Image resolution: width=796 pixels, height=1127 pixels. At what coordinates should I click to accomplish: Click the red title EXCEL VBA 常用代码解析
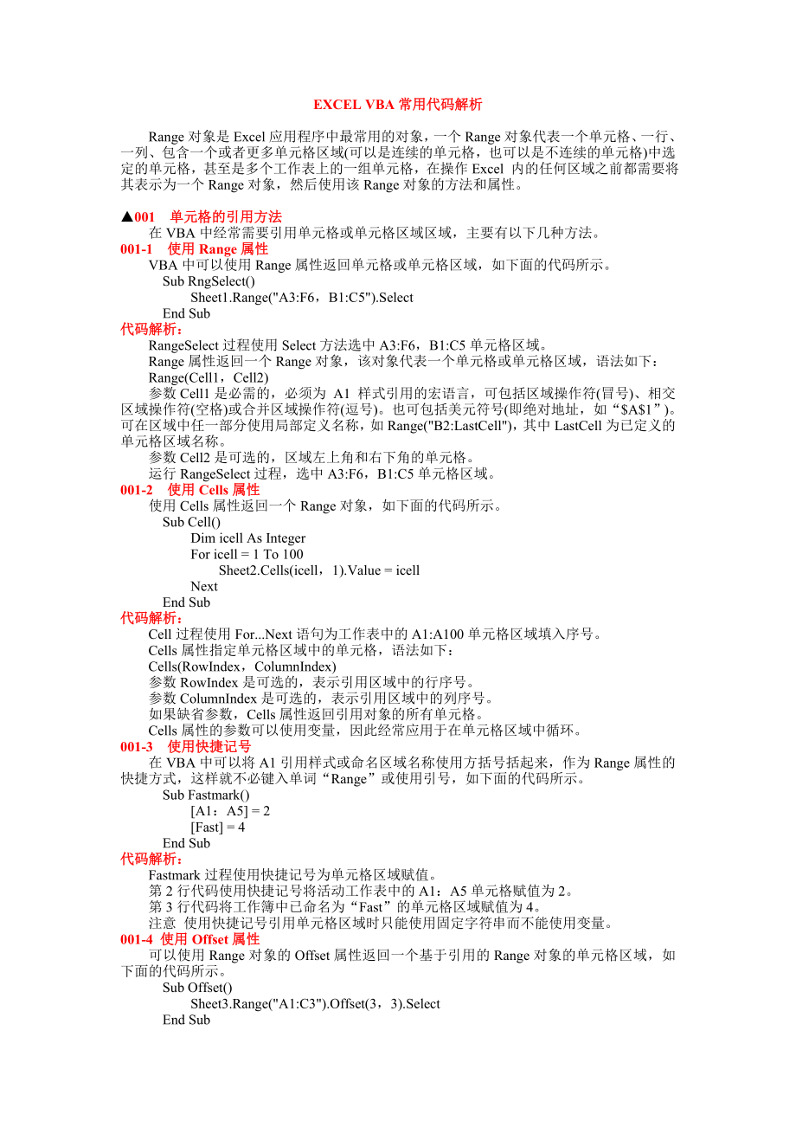point(397,105)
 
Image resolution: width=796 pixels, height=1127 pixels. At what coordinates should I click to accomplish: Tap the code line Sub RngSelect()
point(209,281)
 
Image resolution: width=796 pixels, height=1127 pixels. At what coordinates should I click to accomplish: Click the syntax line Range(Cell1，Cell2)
point(209,377)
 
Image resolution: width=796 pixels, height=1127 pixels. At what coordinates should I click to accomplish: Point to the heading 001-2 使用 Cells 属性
point(189,490)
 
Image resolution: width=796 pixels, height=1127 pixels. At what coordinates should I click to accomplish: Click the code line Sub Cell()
point(191,522)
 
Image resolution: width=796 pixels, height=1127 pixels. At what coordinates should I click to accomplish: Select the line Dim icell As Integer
point(247,538)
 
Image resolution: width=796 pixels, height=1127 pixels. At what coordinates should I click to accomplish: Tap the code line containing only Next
point(204,586)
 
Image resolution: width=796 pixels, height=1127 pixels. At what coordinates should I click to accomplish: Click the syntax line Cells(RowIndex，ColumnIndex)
point(241,667)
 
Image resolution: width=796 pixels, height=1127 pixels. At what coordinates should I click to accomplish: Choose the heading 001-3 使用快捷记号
point(185,747)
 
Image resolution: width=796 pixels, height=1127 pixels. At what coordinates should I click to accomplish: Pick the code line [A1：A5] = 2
point(230,811)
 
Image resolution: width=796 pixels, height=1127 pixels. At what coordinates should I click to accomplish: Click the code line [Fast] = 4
point(217,827)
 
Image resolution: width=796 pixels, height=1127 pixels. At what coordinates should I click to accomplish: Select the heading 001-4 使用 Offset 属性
point(189,939)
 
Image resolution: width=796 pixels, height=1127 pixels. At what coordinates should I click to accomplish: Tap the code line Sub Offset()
point(197,988)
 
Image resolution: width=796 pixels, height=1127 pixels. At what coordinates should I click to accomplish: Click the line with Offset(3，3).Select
point(315,1004)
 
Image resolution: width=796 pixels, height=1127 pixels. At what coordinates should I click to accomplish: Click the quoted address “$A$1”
point(635,409)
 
